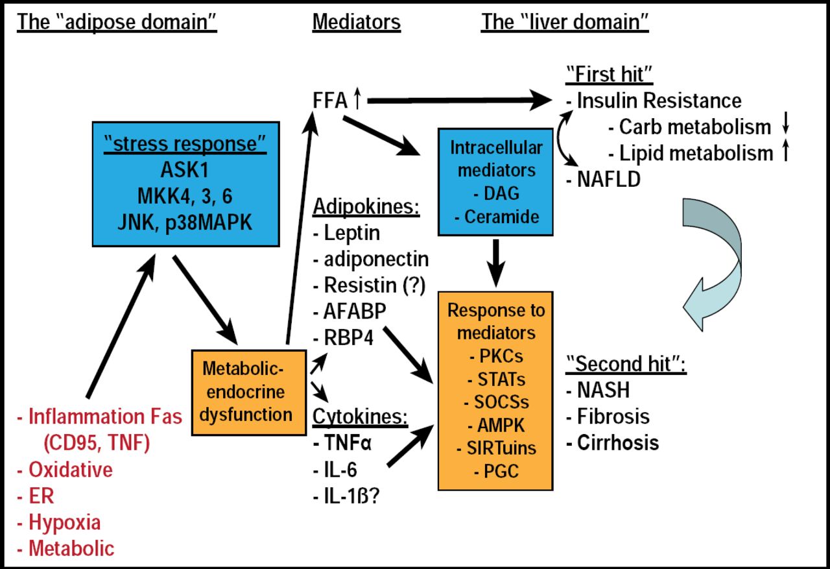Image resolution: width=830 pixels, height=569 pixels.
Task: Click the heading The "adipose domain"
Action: pyautogui.click(x=117, y=22)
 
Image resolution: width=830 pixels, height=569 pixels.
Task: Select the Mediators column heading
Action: pyautogui.click(x=357, y=22)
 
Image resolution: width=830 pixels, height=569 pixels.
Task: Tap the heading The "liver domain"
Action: pyautogui.click(x=565, y=22)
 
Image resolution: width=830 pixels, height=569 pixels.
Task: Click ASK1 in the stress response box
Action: pyautogui.click(x=188, y=171)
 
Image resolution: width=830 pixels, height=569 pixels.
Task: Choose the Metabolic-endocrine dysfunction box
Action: pyautogui.click(x=248, y=392)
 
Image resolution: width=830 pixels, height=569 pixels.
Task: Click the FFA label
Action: pyautogui.click(x=331, y=101)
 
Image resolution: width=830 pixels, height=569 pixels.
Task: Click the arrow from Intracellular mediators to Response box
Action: pyautogui.click(x=496, y=263)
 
